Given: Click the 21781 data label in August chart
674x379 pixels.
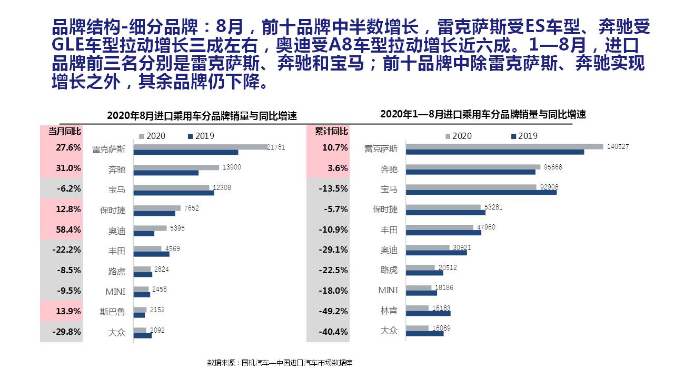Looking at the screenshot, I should pos(276,147).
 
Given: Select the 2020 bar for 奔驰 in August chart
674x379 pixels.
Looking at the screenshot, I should pos(176,167).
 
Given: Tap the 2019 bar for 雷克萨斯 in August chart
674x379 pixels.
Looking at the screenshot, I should pos(185,152).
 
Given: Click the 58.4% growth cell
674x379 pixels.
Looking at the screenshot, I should pos(61,230).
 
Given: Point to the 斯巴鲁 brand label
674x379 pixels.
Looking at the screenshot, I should pos(113,312).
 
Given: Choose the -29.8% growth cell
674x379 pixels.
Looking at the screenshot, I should pos(61,332).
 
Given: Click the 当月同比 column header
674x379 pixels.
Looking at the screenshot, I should pos(61,131).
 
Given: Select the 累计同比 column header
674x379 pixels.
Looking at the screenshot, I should pos(328,131).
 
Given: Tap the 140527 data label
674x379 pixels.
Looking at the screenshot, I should pos(618,147).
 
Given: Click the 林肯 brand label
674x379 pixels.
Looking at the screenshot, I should pos(389,311).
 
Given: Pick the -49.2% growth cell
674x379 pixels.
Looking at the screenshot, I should pos(328,311).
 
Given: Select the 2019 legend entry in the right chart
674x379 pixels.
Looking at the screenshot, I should pos(523,136).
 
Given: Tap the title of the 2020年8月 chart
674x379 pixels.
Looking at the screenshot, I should pos(202,116).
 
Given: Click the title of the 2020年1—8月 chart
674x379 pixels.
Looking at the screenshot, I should pos(483,114).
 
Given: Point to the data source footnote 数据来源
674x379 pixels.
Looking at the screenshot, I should pos(280,363).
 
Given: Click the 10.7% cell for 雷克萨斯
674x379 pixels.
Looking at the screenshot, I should pos(328,148).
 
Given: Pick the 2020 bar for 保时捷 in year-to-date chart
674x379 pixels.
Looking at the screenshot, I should pos(443,207).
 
